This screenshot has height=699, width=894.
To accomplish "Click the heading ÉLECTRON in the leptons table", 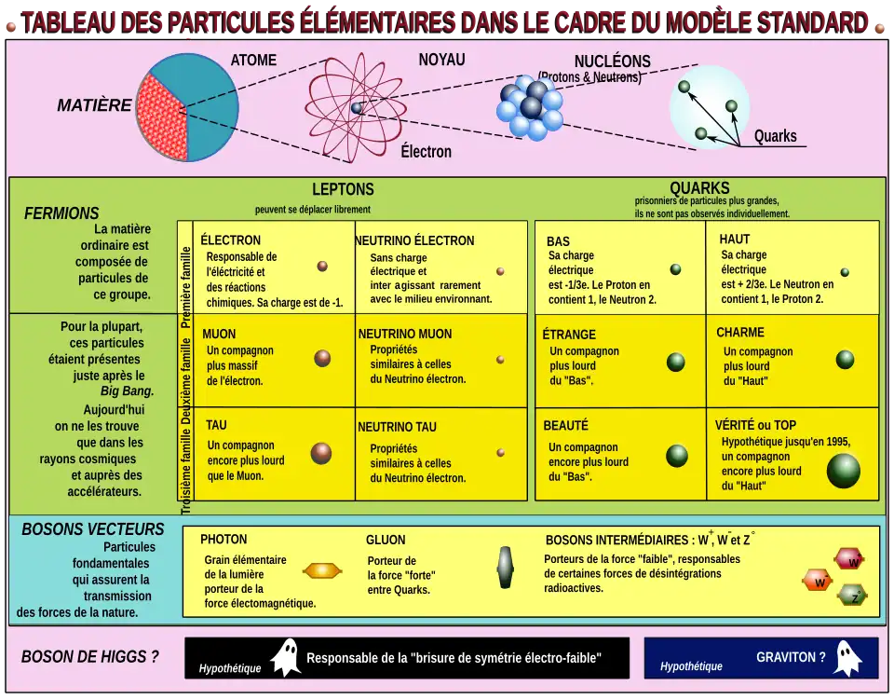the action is [x=230, y=240].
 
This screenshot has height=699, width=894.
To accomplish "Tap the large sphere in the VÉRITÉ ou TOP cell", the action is [x=844, y=471].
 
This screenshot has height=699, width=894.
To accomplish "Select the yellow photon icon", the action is [x=322, y=570].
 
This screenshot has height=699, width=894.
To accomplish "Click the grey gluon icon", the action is [x=505, y=568].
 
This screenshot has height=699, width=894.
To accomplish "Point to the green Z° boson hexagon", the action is [x=852, y=596].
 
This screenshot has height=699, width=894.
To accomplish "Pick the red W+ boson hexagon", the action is [x=849, y=559].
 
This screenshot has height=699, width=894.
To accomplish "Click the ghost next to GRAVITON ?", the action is [x=847, y=658].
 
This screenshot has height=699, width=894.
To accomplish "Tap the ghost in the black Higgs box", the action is [x=286, y=658].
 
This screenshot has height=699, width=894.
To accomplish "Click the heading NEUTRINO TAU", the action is [x=397, y=427].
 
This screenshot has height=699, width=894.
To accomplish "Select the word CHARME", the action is [x=740, y=332].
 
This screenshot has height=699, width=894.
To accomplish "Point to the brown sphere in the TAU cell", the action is [x=321, y=454].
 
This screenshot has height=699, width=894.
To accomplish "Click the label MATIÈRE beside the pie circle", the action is [x=94, y=105].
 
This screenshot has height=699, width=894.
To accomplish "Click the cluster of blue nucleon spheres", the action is [x=530, y=106].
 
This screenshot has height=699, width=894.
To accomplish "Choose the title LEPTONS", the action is [x=343, y=189].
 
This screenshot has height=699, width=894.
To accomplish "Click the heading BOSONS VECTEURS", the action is [x=93, y=529].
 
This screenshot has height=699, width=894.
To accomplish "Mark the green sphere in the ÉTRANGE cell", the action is [x=676, y=362].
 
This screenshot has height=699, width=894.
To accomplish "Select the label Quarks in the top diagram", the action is [x=776, y=136].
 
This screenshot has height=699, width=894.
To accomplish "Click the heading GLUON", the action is [x=386, y=540].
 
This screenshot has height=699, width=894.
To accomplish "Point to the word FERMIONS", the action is [x=61, y=213].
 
